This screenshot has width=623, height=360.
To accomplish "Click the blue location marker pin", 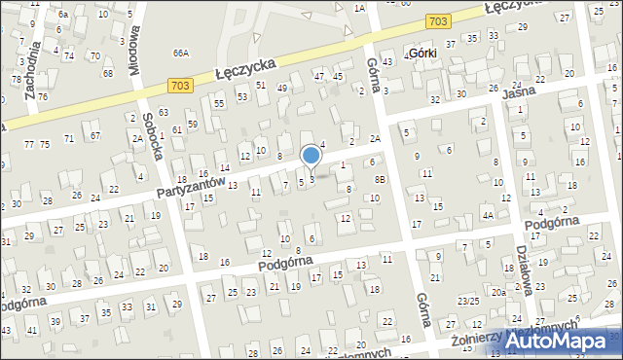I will tap(311, 156).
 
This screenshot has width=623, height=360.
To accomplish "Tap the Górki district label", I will tap(422, 53).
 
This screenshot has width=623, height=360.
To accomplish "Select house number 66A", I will tap(180, 53).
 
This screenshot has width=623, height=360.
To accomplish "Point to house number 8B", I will tap(381, 179).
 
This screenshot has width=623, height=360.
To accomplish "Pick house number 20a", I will tap(496, 292).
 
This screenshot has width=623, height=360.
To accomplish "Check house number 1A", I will tap(358, 8).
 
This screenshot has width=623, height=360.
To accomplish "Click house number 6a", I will tap(63, 15).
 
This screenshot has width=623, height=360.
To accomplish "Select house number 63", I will tap(164, 113).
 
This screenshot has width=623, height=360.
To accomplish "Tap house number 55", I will tap(219, 103).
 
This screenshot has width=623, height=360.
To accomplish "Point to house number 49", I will tap(281, 88).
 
